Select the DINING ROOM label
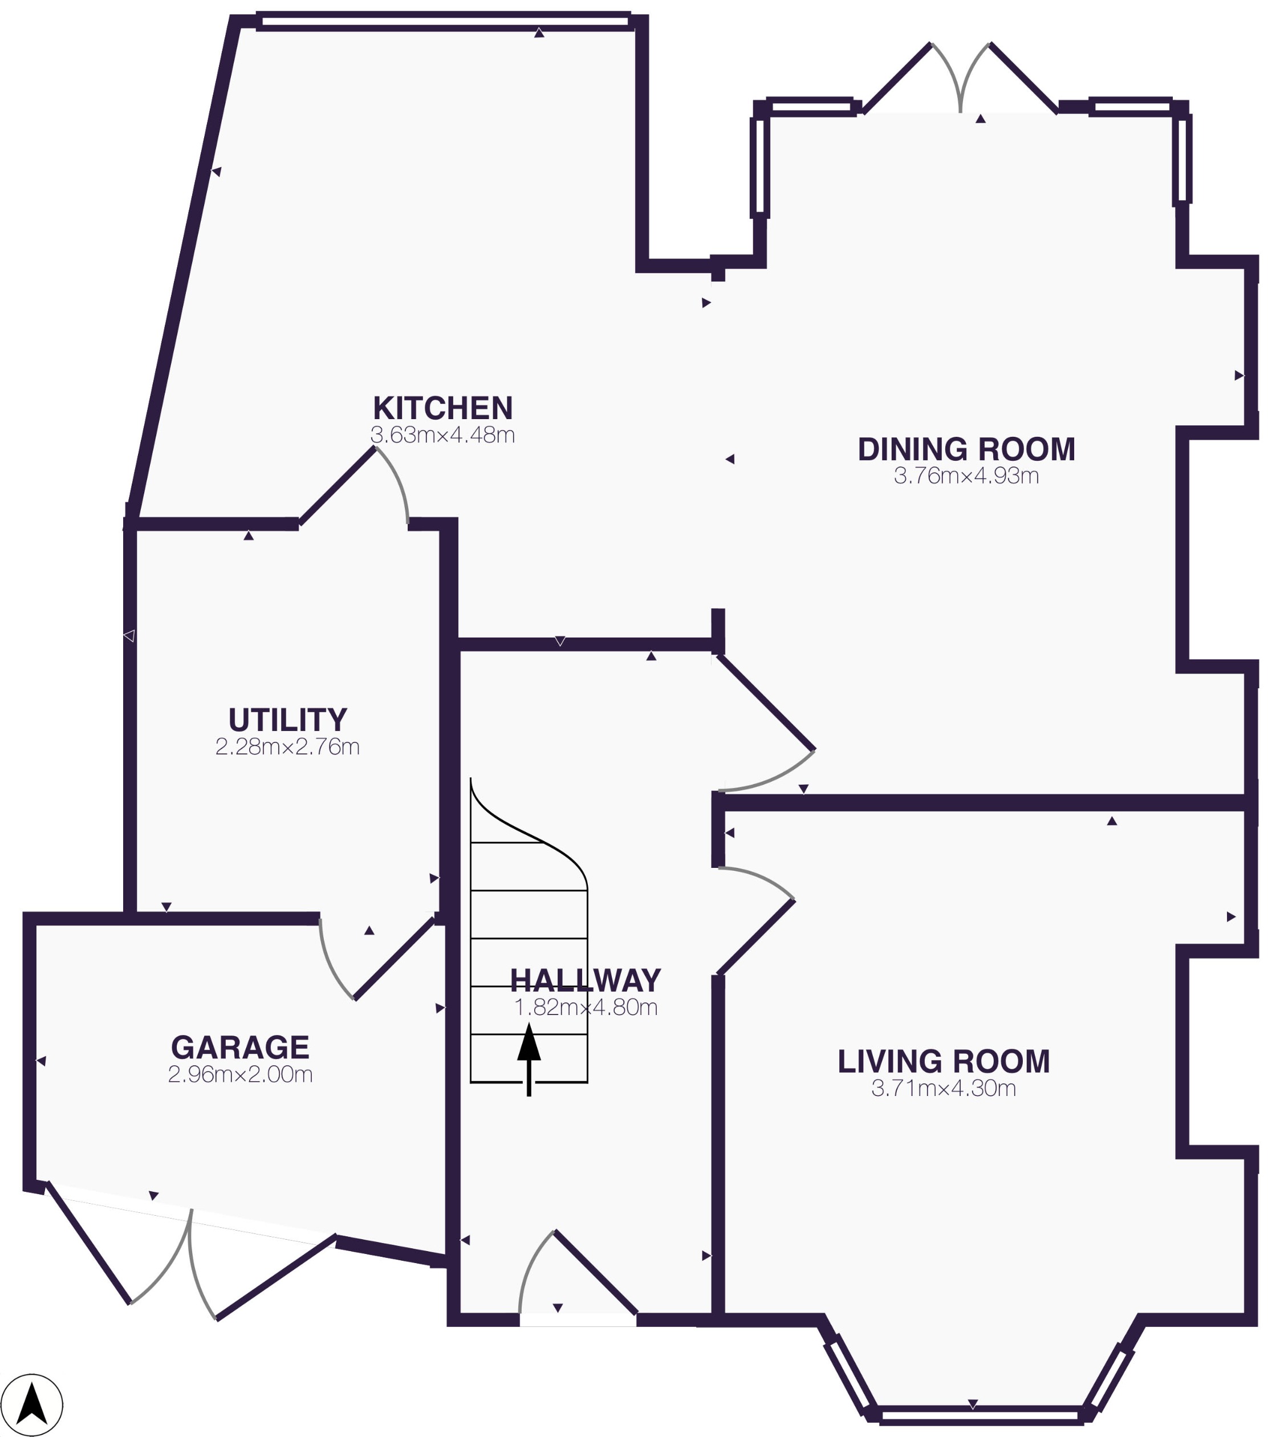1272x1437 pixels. [x=966, y=449]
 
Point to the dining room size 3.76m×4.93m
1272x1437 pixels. [x=966, y=476]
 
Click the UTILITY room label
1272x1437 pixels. [x=287, y=719]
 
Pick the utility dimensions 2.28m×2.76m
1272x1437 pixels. [x=287, y=746]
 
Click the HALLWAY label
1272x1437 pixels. [x=585, y=980]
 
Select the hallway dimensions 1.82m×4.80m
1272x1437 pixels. [x=585, y=1008]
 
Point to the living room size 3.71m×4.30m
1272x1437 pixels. [x=943, y=1088]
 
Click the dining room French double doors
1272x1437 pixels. [x=960, y=81]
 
